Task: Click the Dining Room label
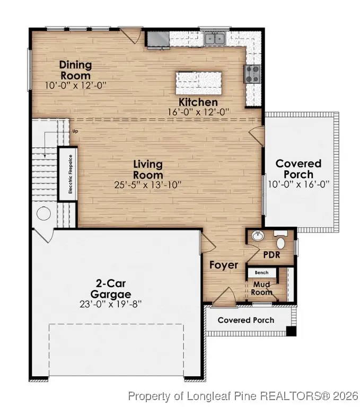coord(75,70)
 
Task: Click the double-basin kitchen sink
coord(215,38)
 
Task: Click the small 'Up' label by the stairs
coord(75,131)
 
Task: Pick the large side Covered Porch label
coord(298,169)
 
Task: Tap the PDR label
coord(271,254)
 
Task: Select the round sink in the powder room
coord(259,236)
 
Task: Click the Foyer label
coord(223,265)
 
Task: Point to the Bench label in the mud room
coord(261,273)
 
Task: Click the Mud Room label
coord(261,288)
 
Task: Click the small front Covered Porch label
coord(246,320)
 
